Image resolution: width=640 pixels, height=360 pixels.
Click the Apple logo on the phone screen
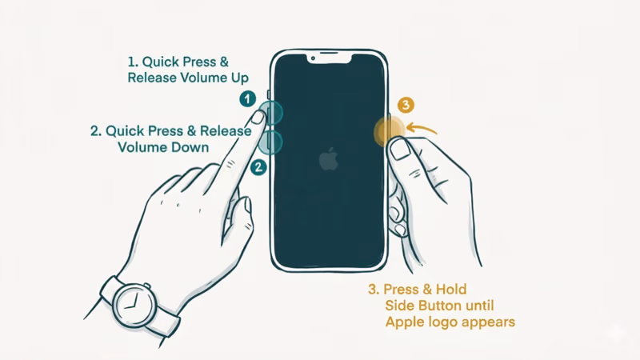coord(328,160)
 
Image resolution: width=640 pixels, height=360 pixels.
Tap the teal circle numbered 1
coord(248,98)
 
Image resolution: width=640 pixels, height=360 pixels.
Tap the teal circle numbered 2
coord(258,167)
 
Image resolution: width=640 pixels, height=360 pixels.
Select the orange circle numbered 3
coord(406,105)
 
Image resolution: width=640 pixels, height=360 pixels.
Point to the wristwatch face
coord(130,303)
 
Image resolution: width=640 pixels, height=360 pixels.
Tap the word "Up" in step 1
coord(237,78)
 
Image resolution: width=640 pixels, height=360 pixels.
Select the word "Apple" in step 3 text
coord(406,322)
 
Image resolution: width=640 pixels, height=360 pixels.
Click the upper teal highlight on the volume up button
coord(272,113)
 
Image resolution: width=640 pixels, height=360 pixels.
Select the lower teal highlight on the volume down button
coord(273,143)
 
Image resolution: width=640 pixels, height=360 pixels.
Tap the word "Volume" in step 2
coord(142,147)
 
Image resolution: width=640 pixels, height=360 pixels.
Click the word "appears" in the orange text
coord(487,322)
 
